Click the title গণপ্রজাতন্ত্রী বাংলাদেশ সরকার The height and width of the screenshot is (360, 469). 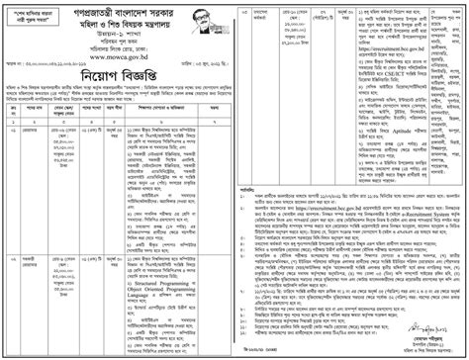[x=118, y=15]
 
